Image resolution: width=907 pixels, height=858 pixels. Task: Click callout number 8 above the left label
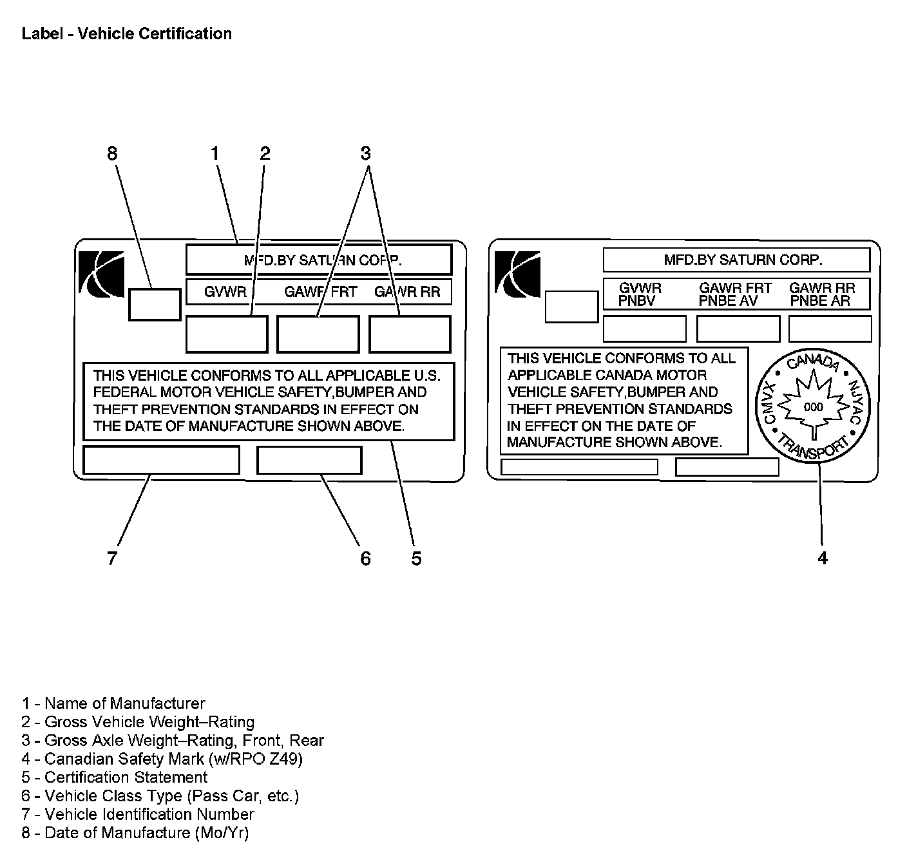click(113, 153)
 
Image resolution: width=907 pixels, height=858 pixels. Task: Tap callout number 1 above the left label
click(215, 153)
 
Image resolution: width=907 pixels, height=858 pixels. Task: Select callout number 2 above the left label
click(265, 153)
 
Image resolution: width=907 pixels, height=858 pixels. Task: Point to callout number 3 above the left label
click(366, 153)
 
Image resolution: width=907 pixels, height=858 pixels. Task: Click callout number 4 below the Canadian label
click(823, 558)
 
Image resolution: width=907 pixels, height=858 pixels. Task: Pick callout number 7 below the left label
click(113, 558)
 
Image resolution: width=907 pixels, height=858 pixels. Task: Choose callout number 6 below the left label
click(365, 558)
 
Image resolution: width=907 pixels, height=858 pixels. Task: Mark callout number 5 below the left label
click(416, 558)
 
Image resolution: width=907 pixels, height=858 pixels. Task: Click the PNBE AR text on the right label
click(820, 301)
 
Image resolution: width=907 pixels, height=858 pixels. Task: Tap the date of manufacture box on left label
click(155, 305)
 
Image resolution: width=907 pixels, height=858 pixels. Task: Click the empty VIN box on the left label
click(161, 460)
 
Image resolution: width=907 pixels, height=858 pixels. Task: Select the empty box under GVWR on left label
click(227, 334)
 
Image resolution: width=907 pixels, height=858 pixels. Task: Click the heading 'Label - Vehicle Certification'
click(127, 33)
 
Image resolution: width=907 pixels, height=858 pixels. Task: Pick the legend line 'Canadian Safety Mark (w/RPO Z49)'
click(162, 759)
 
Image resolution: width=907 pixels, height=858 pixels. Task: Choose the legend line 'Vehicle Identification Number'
click(138, 814)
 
